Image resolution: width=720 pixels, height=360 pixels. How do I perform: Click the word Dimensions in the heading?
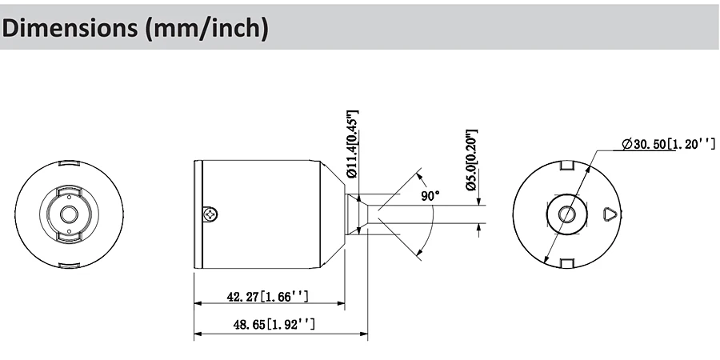70,28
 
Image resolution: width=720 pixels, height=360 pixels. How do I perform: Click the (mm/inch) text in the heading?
206,29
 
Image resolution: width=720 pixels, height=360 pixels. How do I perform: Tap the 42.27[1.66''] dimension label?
268,297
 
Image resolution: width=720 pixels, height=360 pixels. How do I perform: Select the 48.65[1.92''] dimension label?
274,325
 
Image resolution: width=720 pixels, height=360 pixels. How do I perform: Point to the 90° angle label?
430,196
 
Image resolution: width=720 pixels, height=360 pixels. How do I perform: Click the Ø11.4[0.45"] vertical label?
352,144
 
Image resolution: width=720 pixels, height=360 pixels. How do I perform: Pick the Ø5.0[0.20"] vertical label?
471,160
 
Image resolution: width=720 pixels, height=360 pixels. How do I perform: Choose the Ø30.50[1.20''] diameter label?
669,144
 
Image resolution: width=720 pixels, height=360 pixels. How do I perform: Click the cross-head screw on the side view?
210,214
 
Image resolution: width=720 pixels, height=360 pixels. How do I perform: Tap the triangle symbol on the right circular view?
610,214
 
